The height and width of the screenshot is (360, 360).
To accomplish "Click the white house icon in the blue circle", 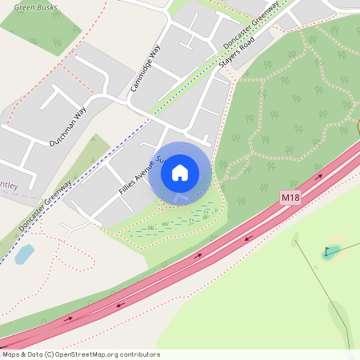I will coord(180,172).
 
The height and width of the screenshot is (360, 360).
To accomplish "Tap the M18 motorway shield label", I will coord(290,197).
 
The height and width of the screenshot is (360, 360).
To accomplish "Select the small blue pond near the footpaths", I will coord(25,254).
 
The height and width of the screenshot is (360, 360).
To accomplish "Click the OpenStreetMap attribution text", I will coord(80,354).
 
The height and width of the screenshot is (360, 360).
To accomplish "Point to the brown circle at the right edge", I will coord(358,126).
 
